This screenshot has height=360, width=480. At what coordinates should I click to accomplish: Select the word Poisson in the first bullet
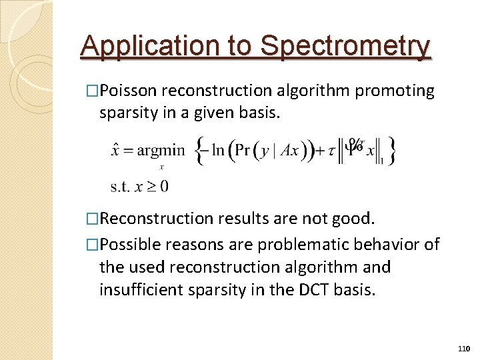pyautogui.click(x=130, y=91)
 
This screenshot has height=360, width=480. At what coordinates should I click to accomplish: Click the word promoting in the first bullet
pyautogui.click(x=395, y=91)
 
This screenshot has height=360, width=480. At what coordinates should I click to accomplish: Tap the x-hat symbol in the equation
pyautogui.click(x=116, y=149)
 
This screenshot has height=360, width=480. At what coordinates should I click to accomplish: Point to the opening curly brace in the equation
pyautogui.click(x=199, y=150)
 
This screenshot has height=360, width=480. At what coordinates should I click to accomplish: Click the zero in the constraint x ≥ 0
pyautogui.click(x=164, y=185)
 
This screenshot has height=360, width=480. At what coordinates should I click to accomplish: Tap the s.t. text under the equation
pyautogui.click(x=121, y=185)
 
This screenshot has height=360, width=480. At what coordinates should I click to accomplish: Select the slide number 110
pyautogui.click(x=464, y=349)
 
